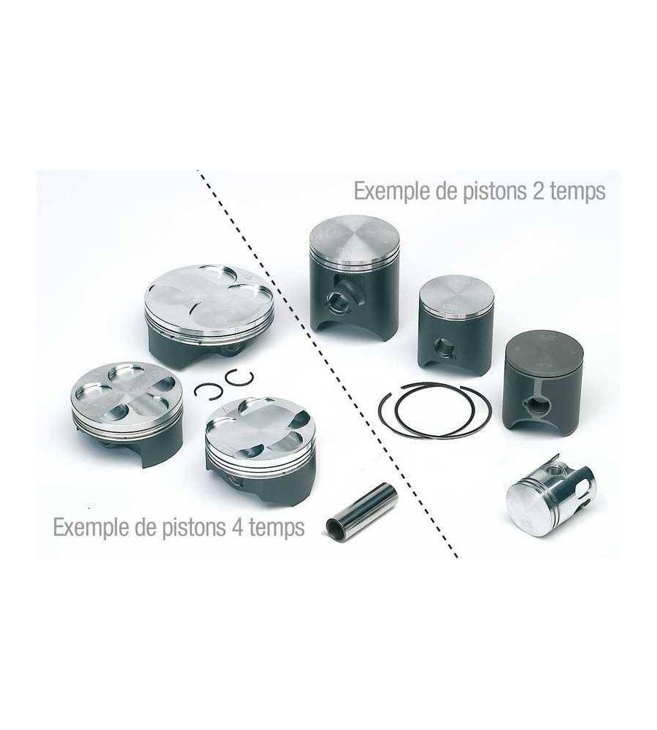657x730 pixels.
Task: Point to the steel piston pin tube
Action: coord(362,512)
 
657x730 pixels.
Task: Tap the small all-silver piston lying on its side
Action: coord(551,496)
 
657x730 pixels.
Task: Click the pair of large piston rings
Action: coord(434,410)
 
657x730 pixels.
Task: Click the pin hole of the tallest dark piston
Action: coord(337,303)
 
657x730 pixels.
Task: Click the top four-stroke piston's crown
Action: coord(209,296)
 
